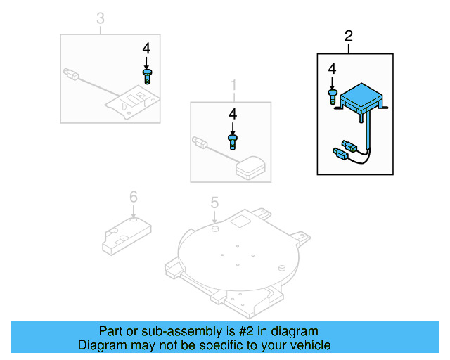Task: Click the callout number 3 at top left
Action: pos(100,18)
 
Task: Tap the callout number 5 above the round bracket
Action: pos(215,203)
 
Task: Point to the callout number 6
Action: pos(133,197)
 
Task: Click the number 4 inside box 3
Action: pos(146,49)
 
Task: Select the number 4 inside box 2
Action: pos(332,68)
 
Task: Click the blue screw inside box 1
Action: pos(232,141)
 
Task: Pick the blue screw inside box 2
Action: pos(332,95)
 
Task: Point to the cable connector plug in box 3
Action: pos(71,72)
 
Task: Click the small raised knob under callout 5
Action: pos(214,228)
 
